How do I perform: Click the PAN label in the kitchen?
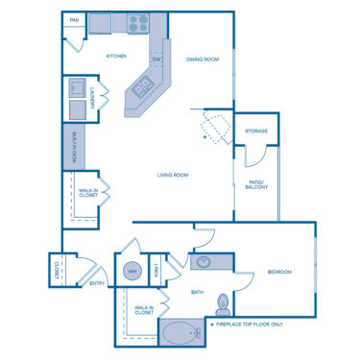point(74,19)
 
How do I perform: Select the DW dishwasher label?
point(157,59)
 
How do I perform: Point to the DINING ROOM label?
point(203,59)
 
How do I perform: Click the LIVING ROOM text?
point(173,175)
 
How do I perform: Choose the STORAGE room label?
point(255,130)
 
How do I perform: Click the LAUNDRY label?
point(91,99)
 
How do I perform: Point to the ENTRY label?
point(97,283)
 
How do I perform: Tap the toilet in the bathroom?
point(224,302)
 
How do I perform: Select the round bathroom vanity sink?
point(204,262)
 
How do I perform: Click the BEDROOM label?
point(279,272)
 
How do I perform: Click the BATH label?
point(197,292)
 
